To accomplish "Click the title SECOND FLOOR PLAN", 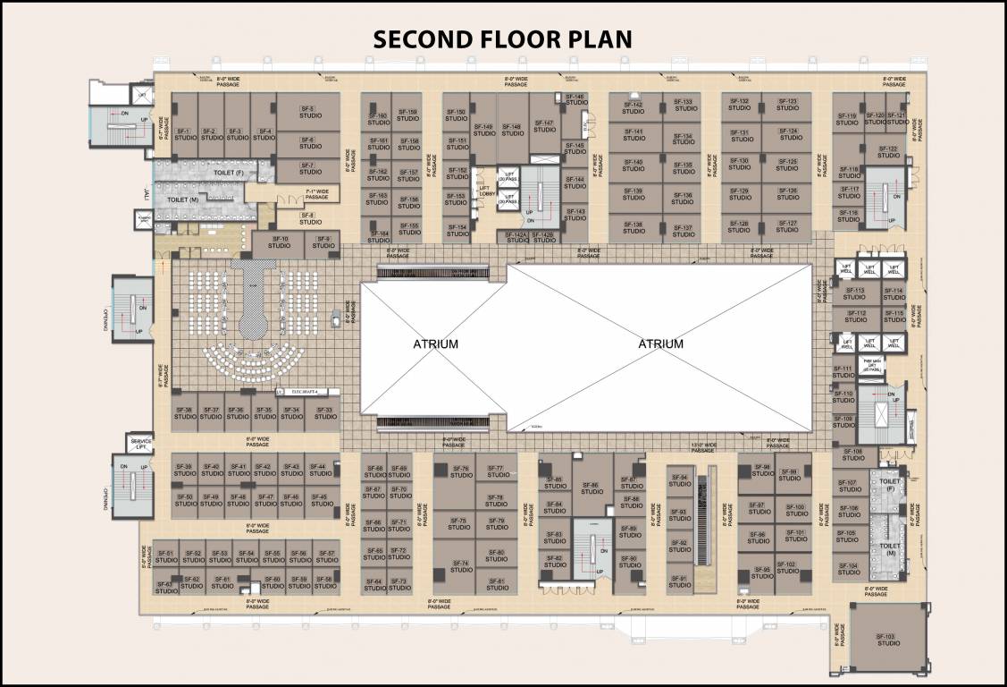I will (x=502, y=38).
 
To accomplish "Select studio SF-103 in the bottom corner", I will (x=888, y=640).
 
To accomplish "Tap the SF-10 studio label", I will (x=279, y=242).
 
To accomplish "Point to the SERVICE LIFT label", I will (x=141, y=444).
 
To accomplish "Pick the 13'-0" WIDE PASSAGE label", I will (x=704, y=445).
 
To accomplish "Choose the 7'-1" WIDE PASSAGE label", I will (x=316, y=193).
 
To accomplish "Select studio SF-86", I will (x=592, y=488).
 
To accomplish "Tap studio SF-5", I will (x=307, y=113).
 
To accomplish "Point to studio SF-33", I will (x=326, y=413).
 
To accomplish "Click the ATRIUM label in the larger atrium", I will (x=660, y=343).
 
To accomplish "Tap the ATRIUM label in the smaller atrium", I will (x=435, y=343).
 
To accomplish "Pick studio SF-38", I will (x=185, y=413).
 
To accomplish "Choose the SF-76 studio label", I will (x=461, y=472).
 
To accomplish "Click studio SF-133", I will (x=684, y=106).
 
